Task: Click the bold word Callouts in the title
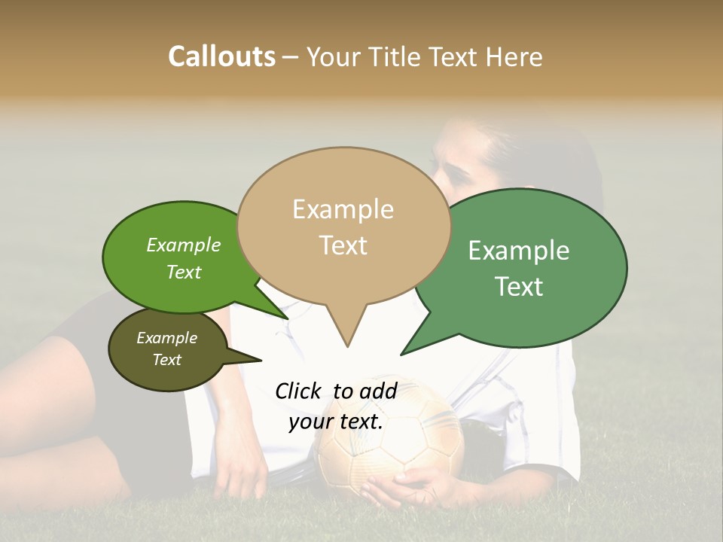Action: [x=221, y=56]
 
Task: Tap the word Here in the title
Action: [x=514, y=57]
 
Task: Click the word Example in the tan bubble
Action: [x=343, y=209]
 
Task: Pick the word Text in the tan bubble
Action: [x=343, y=245]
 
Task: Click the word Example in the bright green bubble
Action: [x=184, y=245]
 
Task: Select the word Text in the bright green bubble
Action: [x=184, y=272]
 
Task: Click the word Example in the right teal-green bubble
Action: [x=519, y=251]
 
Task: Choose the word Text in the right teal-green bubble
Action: [x=519, y=287]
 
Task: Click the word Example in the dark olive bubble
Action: [x=166, y=338]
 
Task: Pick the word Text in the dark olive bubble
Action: [x=167, y=360]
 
